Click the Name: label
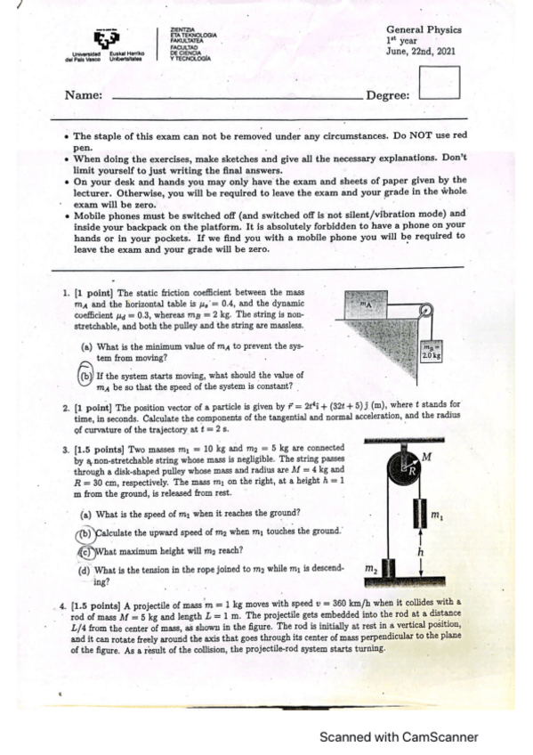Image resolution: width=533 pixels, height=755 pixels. click(x=85, y=95)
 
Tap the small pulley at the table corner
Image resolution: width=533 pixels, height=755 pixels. click(x=425, y=313)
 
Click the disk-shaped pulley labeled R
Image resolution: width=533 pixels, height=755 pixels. click(x=407, y=469)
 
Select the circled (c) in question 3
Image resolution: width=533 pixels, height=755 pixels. click(x=85, y=550)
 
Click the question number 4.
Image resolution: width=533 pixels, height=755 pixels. click(x=62, y=603)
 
